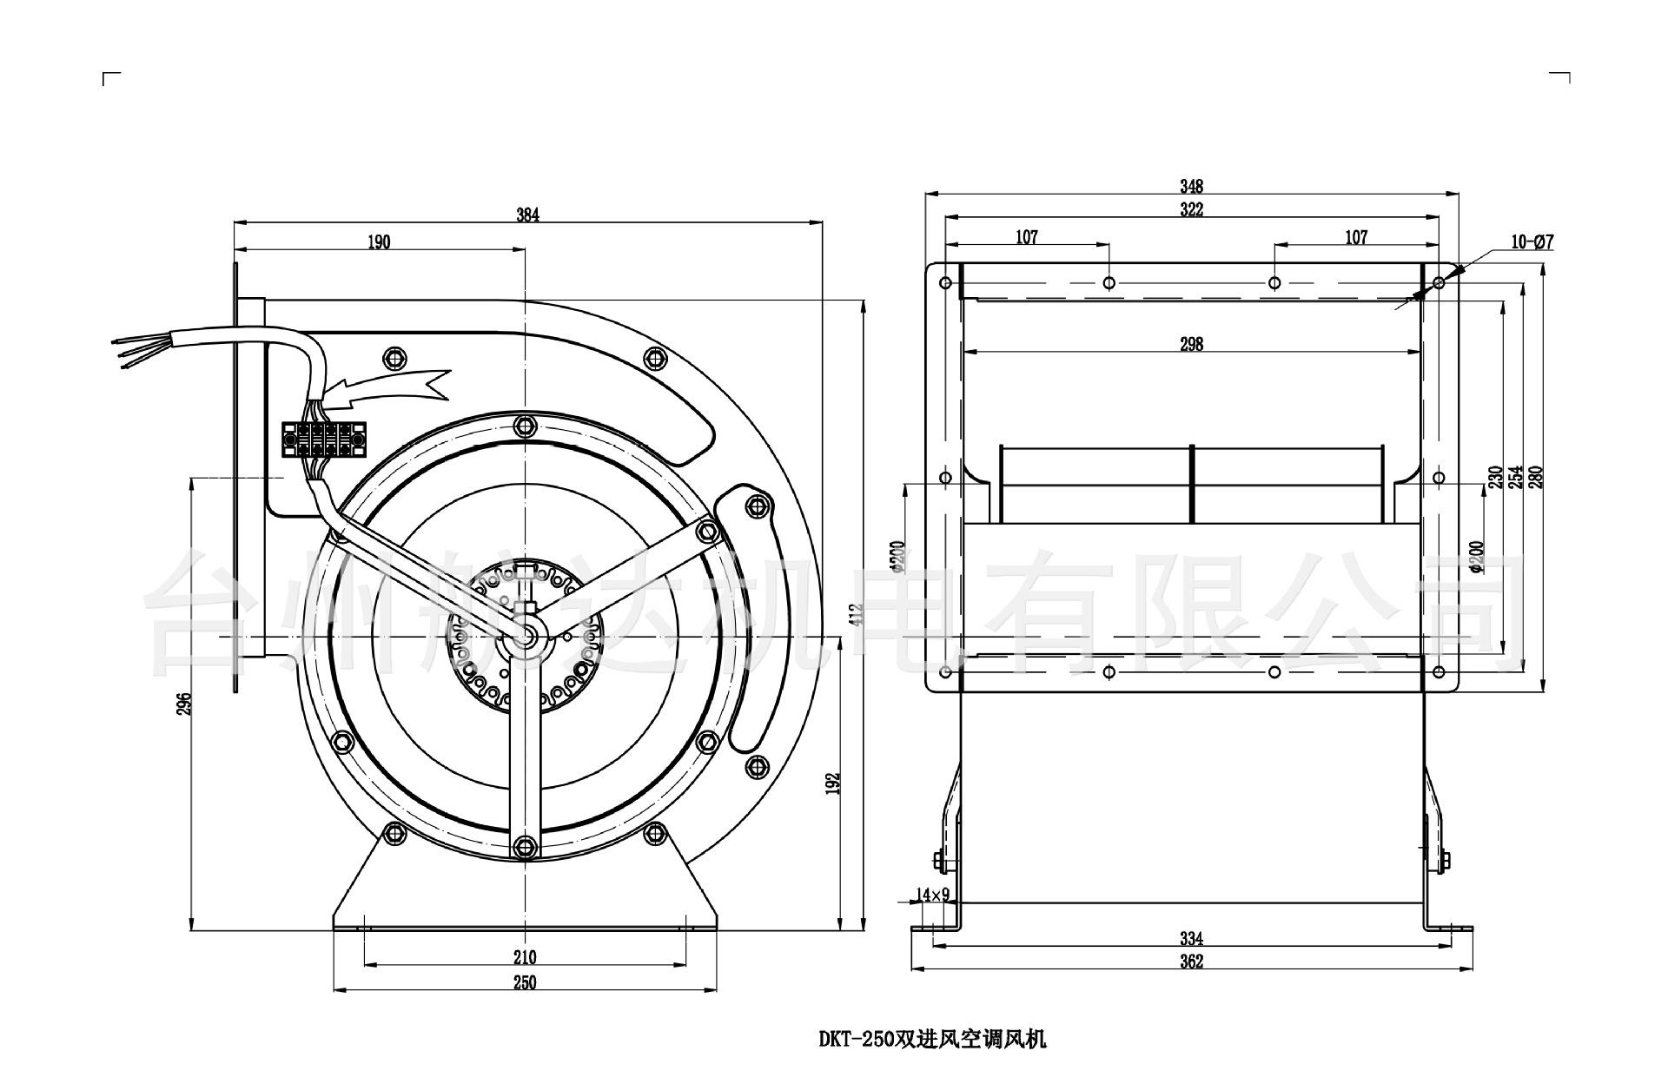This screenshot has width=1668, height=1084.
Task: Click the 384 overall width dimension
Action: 527,215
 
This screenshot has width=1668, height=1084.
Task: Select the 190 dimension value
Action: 379,242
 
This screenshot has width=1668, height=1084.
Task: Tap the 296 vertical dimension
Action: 183,703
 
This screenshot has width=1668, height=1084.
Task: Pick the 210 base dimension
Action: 524,957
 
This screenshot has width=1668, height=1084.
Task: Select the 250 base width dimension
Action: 524,982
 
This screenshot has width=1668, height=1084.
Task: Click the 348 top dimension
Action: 1191,186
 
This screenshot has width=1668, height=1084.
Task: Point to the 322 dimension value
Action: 1191,210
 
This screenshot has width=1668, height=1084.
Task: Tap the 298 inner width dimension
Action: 1191,345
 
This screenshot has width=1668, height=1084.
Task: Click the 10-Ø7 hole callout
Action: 1531,242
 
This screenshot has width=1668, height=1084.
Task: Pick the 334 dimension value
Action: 1191,939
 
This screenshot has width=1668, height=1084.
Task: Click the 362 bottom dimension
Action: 1191,962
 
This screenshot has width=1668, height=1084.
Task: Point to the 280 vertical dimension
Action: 1540,477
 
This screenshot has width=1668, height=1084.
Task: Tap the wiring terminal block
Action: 321,439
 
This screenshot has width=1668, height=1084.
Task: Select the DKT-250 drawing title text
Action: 932,1039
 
